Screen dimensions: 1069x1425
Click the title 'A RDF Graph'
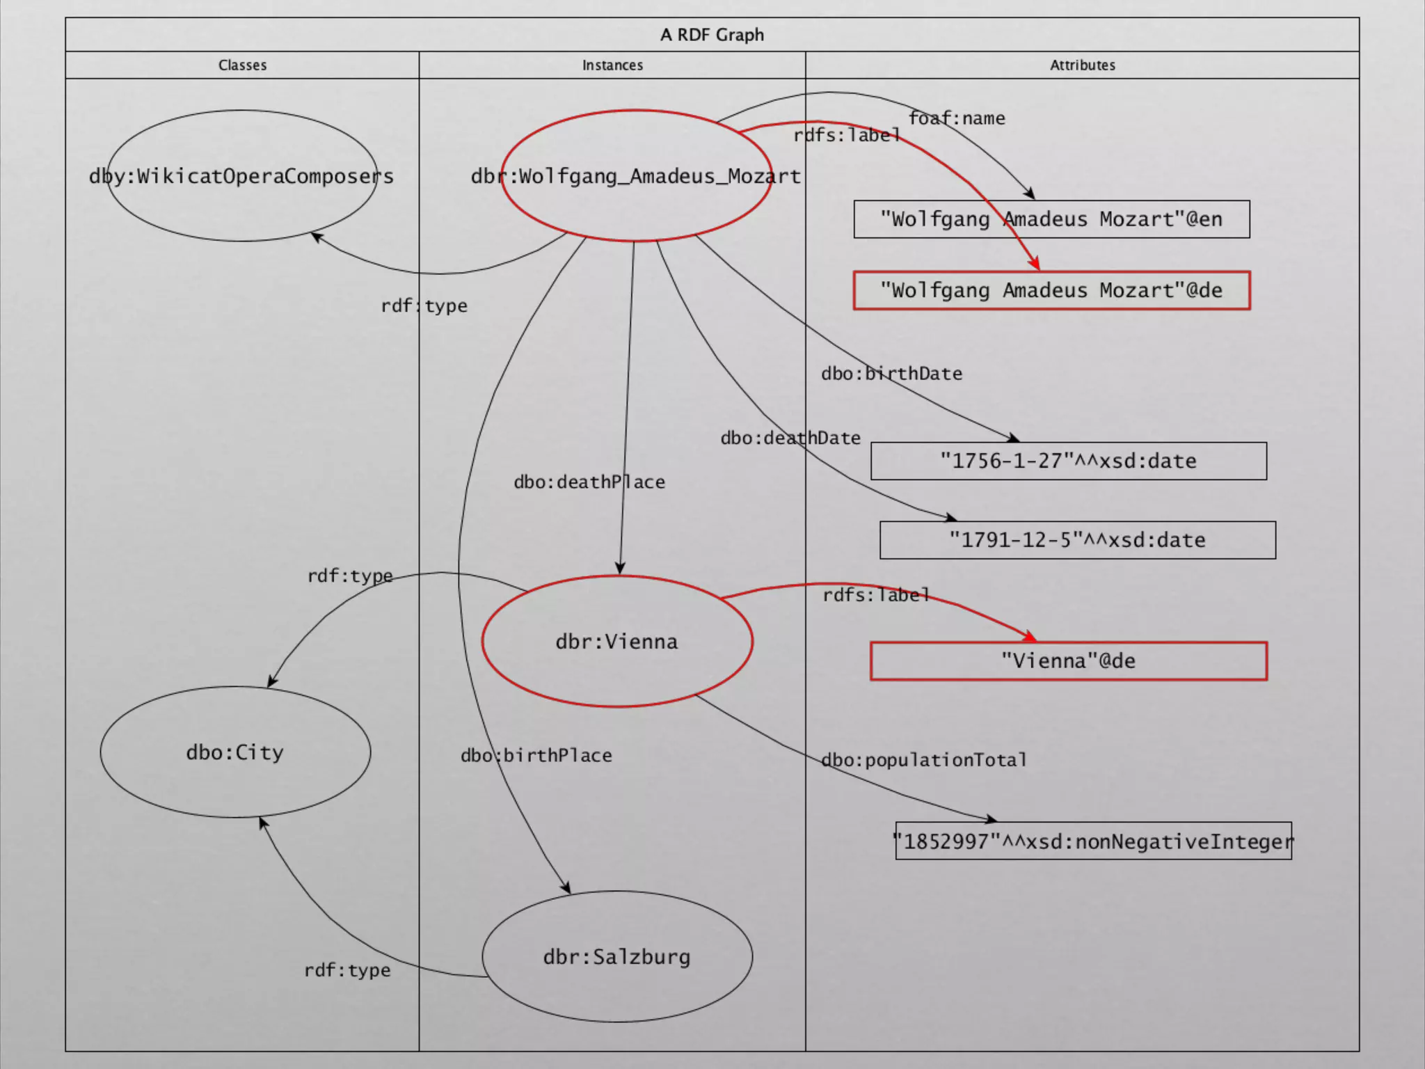click(x=712, y=35)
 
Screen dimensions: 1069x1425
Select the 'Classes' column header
click(x=242, y=65)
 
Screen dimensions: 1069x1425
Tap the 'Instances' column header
click(x=612, y=65)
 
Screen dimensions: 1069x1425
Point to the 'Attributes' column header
click(x=1082, y=65)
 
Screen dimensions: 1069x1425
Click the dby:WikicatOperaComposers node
click(x=241, y=176)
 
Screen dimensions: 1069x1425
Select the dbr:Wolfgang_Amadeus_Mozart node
click(x=635, y=176)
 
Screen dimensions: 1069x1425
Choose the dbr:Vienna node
click(x=616, y=642)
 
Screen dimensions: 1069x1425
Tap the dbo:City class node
click(x=235, y=752)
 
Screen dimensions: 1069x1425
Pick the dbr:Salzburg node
click(x=616, y=957)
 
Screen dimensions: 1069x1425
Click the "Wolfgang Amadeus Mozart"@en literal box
click(x=1051, y=219)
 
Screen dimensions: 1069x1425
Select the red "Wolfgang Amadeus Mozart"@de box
click(x=1051, y=290)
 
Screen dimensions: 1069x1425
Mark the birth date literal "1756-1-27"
click(x=1068, y=461)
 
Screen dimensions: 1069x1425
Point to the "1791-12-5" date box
click(x=1077, y=540)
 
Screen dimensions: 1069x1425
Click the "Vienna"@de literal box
click(x=1068, y=660)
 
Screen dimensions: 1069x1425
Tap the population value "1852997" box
click(x=1093, y=841)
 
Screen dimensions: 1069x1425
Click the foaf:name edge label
click(x=957, y=118)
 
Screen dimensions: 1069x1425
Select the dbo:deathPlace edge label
click(x=589, y=482)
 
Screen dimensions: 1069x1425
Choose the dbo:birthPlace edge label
click(x=536, y=755)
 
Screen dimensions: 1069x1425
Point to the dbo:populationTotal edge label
click(x=924, y=760)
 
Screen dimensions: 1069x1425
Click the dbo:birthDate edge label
click(x=891, y=374)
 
